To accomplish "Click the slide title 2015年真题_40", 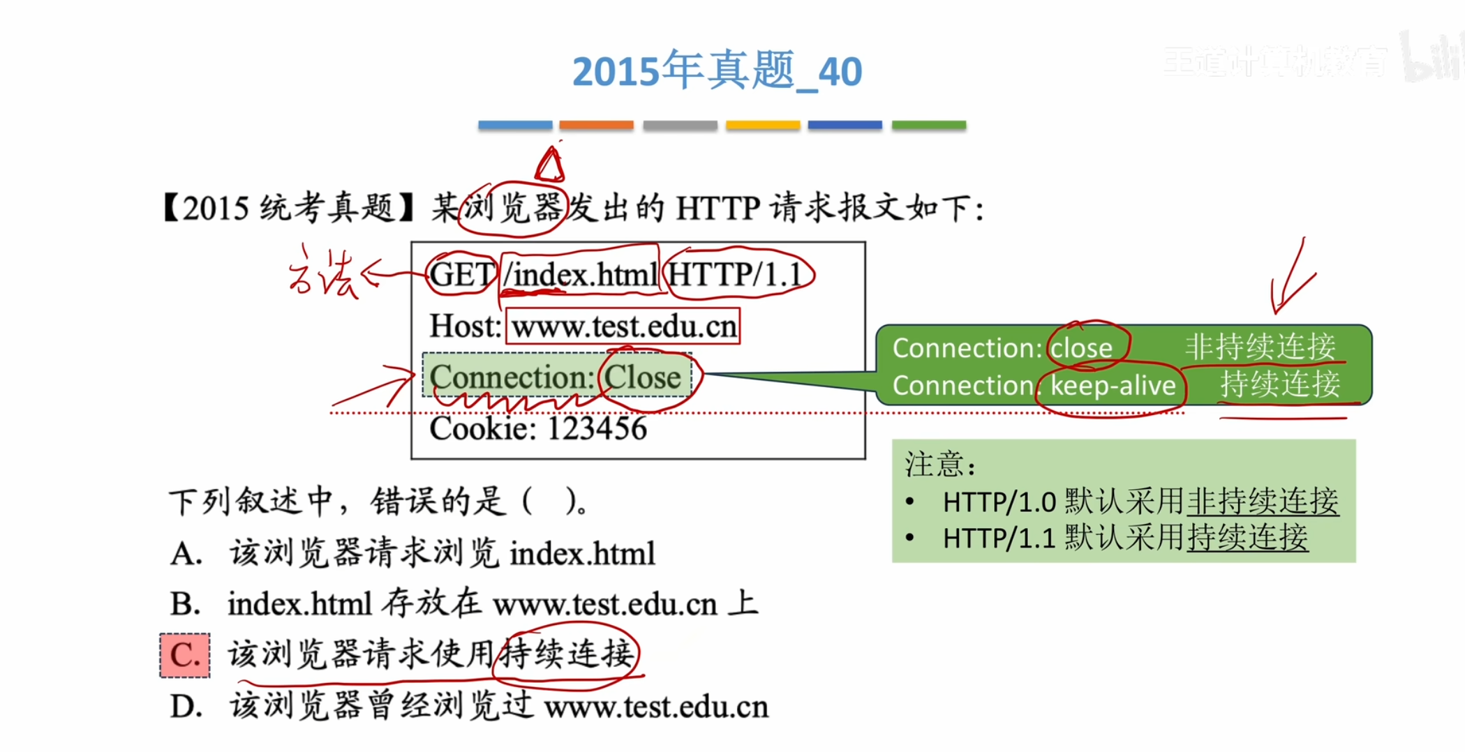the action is (717, 70).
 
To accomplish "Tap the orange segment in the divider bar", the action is (596, 126).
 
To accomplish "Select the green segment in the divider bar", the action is (928, 126).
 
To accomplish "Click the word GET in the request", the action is (461, 274).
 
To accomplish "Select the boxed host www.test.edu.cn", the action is (623, 326).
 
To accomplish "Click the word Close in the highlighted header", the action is (642, 377).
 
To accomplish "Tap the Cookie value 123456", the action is (597, 428).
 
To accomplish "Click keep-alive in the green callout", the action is (1113, 386).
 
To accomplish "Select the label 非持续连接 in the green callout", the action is (1260, 347).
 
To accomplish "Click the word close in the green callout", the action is (1082, 347).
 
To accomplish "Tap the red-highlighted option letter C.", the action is (185, 655).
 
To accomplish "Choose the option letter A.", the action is (185, 554).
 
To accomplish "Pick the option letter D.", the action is (186, 706).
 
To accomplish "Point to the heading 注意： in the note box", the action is (939, 464).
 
